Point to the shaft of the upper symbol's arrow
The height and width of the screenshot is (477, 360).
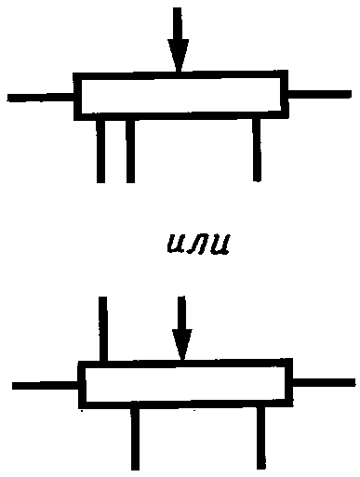pos(178,24)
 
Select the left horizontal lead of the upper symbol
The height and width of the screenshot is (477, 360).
pos(40,98)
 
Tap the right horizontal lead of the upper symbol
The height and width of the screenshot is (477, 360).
pos(320,94)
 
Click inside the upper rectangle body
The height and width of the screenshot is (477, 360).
pos(180,96)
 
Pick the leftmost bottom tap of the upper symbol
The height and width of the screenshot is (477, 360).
pos(100,152)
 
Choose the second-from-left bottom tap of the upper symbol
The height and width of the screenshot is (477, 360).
pos(130,152)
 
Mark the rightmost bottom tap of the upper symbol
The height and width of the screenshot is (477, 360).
pos(257,150)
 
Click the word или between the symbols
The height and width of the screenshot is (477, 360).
pos(198,244)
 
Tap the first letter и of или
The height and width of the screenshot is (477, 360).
pos(177,244)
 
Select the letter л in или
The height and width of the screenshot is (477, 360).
pos(197,245)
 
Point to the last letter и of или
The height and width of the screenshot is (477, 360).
pos(219,244)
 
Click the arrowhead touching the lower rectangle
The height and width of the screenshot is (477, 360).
pos(182,344)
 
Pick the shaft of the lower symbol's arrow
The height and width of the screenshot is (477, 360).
pos(182,312)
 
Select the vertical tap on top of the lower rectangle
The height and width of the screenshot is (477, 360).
pos(103,329)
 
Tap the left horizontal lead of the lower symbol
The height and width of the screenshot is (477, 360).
pos(46,386)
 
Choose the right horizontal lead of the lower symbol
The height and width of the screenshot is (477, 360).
pos(324,382)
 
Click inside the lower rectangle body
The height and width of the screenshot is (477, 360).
pos(185,384)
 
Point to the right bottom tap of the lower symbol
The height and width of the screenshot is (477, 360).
pos(261,438)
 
